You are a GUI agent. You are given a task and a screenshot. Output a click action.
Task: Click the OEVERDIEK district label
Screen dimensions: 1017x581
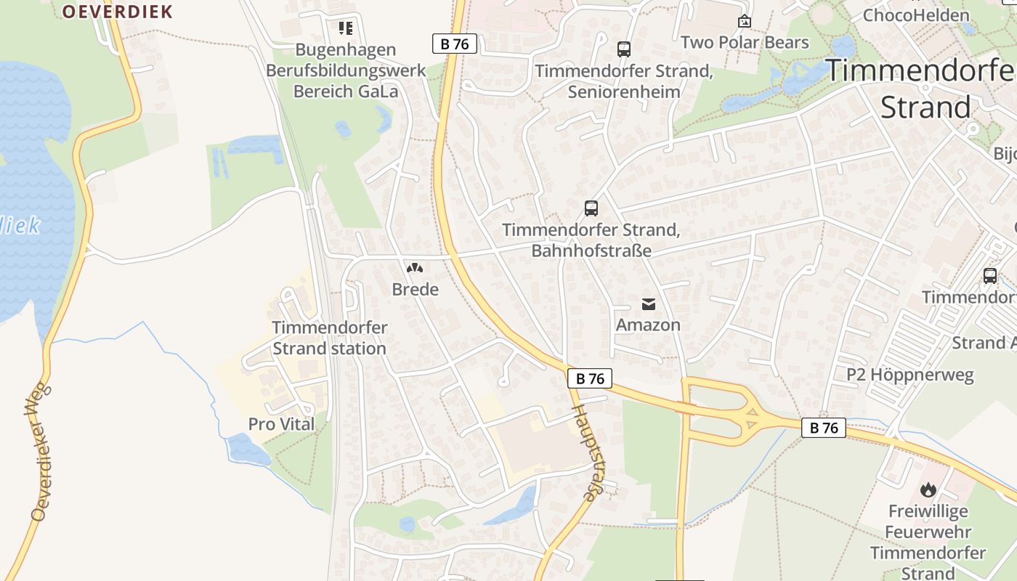[x=117, y=12]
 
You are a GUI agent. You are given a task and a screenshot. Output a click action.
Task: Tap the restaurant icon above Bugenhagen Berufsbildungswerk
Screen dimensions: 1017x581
[x=345, y=28]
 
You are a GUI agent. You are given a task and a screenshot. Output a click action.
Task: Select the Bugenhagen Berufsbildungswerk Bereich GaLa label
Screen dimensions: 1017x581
[x=345, y=70]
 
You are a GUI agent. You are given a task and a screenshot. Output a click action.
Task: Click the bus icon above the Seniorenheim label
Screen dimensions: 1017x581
[x=623, y=49]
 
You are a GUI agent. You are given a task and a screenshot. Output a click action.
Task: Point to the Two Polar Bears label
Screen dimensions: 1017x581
[x=745, y=42]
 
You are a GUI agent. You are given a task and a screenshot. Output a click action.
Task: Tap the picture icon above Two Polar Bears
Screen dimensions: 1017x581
[x=744, y=22]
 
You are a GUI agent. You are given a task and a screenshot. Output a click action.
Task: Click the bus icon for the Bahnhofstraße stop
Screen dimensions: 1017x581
[x=591, y=208]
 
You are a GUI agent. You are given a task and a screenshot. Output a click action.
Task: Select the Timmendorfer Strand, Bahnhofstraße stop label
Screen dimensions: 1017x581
[x=591, y=240]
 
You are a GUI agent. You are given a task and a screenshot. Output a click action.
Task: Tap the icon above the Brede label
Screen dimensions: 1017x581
[x=415, y=269]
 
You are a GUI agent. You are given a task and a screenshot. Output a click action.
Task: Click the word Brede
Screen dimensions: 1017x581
[x=415, y=290]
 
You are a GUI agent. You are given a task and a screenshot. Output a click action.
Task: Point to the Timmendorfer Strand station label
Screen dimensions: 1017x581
[x=329, y=338]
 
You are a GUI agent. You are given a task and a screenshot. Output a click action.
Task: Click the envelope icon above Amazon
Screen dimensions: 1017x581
[x=648, y=304]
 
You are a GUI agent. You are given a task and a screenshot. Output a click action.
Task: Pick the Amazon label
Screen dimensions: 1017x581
[x=648, y=325]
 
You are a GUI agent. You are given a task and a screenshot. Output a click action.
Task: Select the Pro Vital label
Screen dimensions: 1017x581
[x=282, y=424]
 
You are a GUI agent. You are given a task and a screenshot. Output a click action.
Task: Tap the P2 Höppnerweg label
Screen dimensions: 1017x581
[x=910, y=375]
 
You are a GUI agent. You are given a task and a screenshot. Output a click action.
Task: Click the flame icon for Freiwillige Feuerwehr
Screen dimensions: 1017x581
[x=928, y=490]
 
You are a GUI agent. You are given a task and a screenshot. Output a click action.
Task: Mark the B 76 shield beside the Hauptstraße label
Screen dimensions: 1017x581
[x=590, y=378]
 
